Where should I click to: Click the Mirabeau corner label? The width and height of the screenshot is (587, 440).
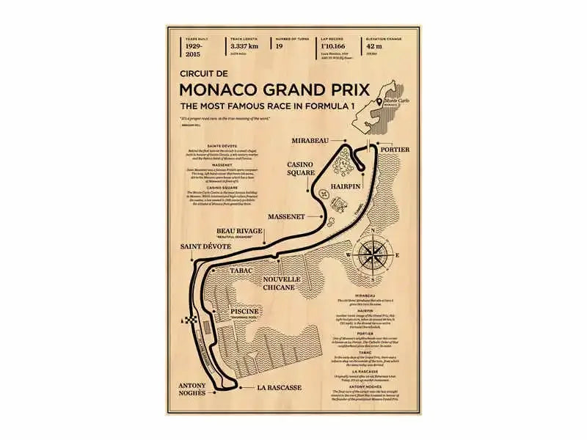point(307,139)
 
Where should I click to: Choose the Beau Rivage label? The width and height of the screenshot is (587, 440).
point(239,232)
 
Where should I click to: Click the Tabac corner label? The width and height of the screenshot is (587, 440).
point(240,271)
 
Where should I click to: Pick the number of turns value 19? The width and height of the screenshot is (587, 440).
point(280,45)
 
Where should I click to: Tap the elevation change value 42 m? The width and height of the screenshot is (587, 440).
point(374,45)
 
